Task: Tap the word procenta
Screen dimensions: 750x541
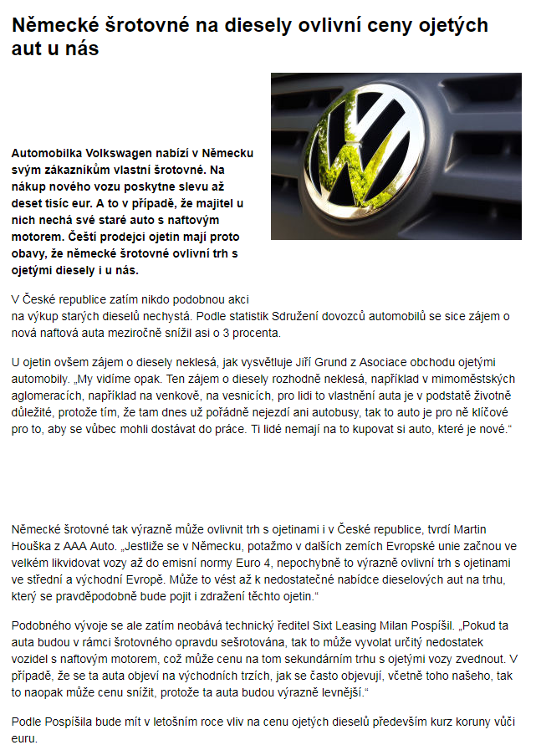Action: (253, 333)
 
